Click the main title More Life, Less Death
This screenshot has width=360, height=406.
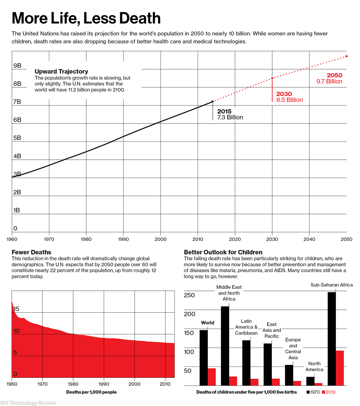(x=86, y=18)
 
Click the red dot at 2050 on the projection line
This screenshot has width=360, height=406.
(x=346, y=56)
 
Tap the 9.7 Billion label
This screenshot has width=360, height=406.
(x=329, y=82)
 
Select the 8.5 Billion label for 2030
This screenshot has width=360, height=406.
(x=289, y=100)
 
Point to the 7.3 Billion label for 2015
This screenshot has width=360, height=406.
(x=230, y=117)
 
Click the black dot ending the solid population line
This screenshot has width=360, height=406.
(x=212, y=102)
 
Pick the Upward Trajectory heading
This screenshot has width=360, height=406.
(x=61, y=72)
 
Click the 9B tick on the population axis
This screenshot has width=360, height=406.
(x=17, y=66)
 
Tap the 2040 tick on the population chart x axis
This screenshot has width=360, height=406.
(x=309, y=239)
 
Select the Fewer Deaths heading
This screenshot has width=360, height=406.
(x=31, y=252)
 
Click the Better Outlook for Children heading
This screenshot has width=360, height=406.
(x=223, y=252)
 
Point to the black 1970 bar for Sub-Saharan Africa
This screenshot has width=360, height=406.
(x=332, y=338)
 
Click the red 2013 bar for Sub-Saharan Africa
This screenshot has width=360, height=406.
(x=340, y=367)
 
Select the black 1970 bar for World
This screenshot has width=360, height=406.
(x=203, y=357)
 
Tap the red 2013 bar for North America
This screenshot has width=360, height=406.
(x=319, y=384)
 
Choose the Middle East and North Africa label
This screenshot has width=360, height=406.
(x=229, y=293)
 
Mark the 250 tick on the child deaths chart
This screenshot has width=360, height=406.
(x=189, y=296)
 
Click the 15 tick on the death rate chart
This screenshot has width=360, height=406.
(x=17, y=309)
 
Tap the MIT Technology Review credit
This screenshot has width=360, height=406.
(x=28, y=402)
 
